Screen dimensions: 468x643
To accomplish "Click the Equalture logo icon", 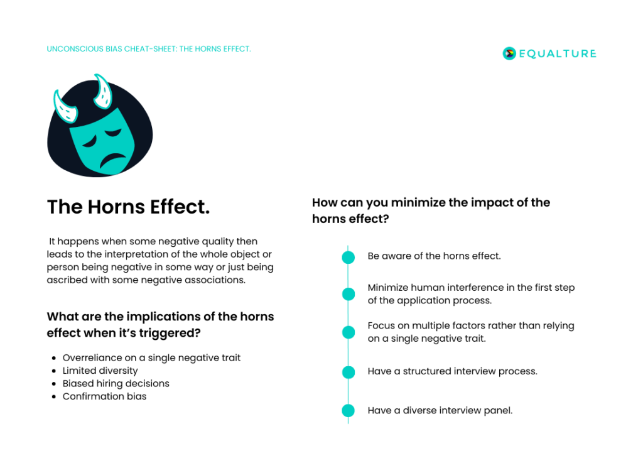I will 509,53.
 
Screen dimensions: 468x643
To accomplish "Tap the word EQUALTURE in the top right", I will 558,53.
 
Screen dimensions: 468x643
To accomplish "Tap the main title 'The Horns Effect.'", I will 128,207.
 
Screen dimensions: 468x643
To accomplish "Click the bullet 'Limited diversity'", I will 100,371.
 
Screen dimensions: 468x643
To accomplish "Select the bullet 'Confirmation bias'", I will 104,396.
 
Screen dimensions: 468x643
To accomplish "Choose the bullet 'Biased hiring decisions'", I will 116,383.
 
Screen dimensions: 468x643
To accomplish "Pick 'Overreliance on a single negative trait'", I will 151,357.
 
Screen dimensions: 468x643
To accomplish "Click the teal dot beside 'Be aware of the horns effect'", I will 348,257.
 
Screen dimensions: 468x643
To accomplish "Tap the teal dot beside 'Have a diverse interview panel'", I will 348,411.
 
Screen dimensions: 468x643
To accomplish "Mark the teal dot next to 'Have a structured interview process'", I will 348,372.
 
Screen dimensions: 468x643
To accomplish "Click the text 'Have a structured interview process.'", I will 452,371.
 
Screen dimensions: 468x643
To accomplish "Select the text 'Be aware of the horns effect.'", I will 434,256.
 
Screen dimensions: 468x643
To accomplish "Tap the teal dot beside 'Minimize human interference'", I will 348,294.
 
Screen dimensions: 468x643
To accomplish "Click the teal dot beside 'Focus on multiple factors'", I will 348,332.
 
